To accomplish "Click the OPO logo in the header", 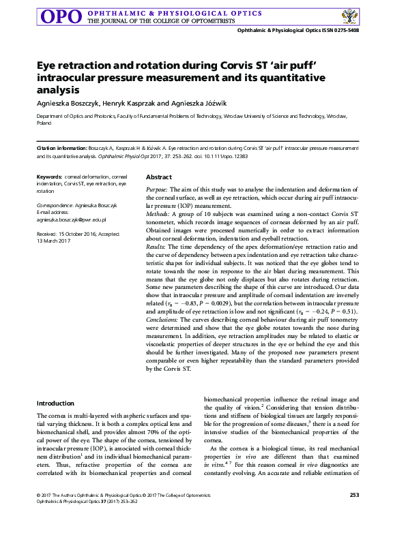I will pyautogui.click(x=63, y=16).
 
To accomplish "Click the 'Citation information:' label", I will pyautogui.click(x=61, y=148).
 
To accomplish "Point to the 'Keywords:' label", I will pyautogui.click(x=49, y=177).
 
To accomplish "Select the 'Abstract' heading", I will pyautogui.click(x=158, y=177).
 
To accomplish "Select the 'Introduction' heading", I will pyautogui.click(x=55, y=403).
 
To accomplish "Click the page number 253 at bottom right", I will pyautogui.click(x=354, y=514).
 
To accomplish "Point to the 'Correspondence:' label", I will pyautogui.click(x=57, y=204).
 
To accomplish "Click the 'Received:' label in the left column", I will pyautogui.click(x=48, y=232).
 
